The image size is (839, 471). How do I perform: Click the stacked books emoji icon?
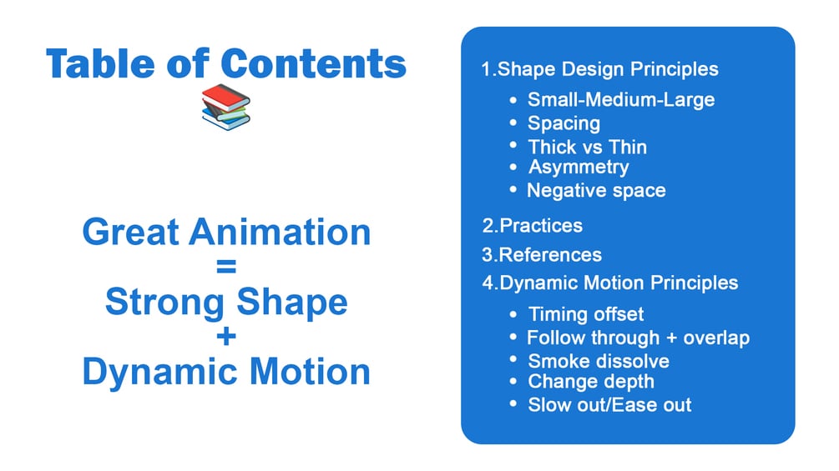click(x=225, y=107)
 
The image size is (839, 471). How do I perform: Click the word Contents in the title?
click(x=314, y=63)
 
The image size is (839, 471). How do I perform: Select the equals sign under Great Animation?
click(x=226, y=266)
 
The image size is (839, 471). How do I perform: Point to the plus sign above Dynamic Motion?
click(x=226, y=337)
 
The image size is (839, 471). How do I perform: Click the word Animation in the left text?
click(x=280, y=232)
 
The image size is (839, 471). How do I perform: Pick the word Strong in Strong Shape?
click(x=164, y=303)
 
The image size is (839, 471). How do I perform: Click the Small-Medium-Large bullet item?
click(x=621, y=100)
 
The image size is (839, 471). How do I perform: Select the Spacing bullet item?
click(x=564, y=123)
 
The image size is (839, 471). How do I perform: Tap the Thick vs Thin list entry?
click(x=588, y=147)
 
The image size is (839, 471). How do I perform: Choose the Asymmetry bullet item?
click(x=579, y=168)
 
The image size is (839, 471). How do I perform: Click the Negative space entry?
click(x=597, y=191)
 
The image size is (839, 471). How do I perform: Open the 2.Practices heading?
click(x=533, y=226)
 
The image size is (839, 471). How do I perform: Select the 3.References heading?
click(x=542, y=255)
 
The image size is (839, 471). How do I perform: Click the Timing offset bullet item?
click(x=586, y=314)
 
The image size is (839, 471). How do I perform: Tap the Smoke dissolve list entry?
click(x=599, y=362)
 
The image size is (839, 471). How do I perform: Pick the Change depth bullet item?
click(x=591, y=382)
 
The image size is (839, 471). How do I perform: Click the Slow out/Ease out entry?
click(x=609, y=405)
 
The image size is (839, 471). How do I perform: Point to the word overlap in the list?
click(x=716, y=338)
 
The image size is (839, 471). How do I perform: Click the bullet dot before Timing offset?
click(x=513, y=314)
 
